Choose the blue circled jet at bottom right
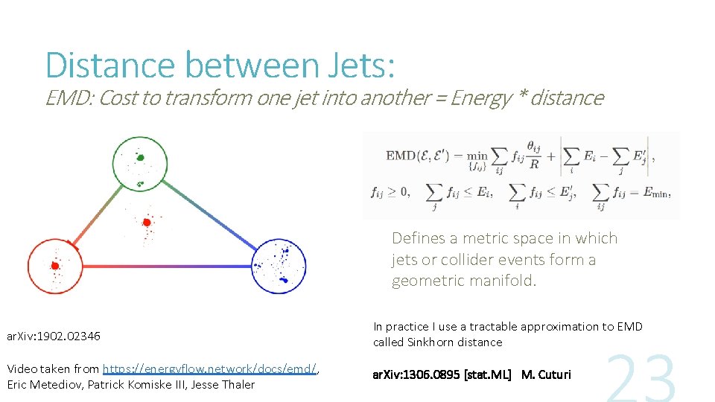(x=279, y=266)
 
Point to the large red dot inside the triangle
(x=147, y=222)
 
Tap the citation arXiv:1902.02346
(x=53, y=336)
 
